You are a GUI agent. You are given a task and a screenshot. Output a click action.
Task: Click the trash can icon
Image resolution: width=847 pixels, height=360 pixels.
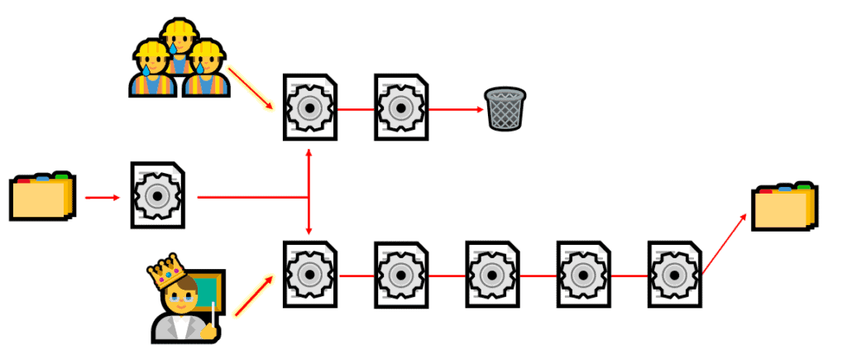coord(505,108)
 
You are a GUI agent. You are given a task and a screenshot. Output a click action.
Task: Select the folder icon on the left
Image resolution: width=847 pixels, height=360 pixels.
coord(42,198)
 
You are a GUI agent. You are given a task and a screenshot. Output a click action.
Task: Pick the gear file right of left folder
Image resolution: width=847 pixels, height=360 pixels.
coord(157,195)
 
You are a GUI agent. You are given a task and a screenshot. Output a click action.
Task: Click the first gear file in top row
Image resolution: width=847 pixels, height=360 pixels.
coord(310,108)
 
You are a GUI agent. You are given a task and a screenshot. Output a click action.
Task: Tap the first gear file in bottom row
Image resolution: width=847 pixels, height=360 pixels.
coord(310,274)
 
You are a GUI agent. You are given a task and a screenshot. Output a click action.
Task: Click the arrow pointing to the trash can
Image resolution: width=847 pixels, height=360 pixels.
coord(457,108)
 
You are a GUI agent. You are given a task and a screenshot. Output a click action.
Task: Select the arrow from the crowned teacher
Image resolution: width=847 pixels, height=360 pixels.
coord(253,296)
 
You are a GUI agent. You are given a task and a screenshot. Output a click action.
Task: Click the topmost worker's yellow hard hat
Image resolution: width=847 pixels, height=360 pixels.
coord(179,29)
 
